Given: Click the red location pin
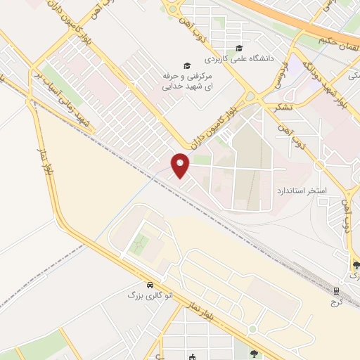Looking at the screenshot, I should (x=181, y=165).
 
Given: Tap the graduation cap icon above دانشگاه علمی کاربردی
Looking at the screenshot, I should (x=239, y=49).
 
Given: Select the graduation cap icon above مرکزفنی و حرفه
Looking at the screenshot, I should (x=186, y=64).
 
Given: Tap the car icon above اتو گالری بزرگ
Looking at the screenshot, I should (x=150, y=285).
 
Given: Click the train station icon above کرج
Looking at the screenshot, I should (x=337, y=290).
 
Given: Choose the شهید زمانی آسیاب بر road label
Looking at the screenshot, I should (x=60, y=102).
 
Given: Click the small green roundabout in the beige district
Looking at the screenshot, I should (x=252, y=329).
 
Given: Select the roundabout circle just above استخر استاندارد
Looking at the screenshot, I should (x=319, y=167).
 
